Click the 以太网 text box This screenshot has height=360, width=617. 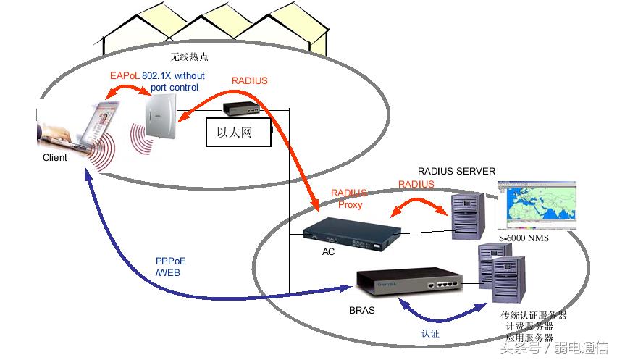[x=238, y=133]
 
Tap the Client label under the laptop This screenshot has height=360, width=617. [x=54, y=157]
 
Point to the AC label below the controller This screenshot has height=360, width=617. [x=328, y=252]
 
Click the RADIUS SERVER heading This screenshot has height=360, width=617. [x=456, y=172]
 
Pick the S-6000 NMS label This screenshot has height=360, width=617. [x=523, y=238]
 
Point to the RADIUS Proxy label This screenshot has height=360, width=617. [x=349, y=199]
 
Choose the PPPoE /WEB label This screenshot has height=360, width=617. [x=171, y=267]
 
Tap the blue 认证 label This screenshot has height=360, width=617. [x=430, y=334]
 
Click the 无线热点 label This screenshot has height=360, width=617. [x=189, y=56]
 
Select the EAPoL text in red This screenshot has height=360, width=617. [x=125, y=75]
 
